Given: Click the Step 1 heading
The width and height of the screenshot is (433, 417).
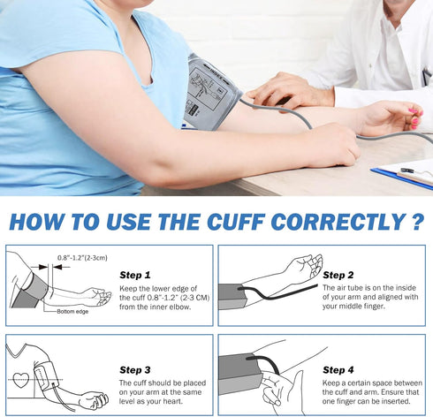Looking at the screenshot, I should tap(134, 275).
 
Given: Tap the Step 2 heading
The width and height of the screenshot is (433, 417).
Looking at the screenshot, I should tap(338, 275).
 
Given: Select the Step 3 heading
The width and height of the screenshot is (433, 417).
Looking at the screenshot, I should tap(134, 369).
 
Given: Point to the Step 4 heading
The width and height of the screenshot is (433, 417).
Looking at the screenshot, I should tap(338, 369).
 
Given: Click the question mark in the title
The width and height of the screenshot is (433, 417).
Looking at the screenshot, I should tap(417, 220).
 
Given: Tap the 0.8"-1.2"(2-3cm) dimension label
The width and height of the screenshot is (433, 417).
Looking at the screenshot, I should tap(81, 257).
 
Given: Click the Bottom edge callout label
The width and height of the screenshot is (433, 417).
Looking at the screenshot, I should tap(72, 312).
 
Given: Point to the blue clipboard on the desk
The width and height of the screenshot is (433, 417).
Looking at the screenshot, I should tap(402, 174).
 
